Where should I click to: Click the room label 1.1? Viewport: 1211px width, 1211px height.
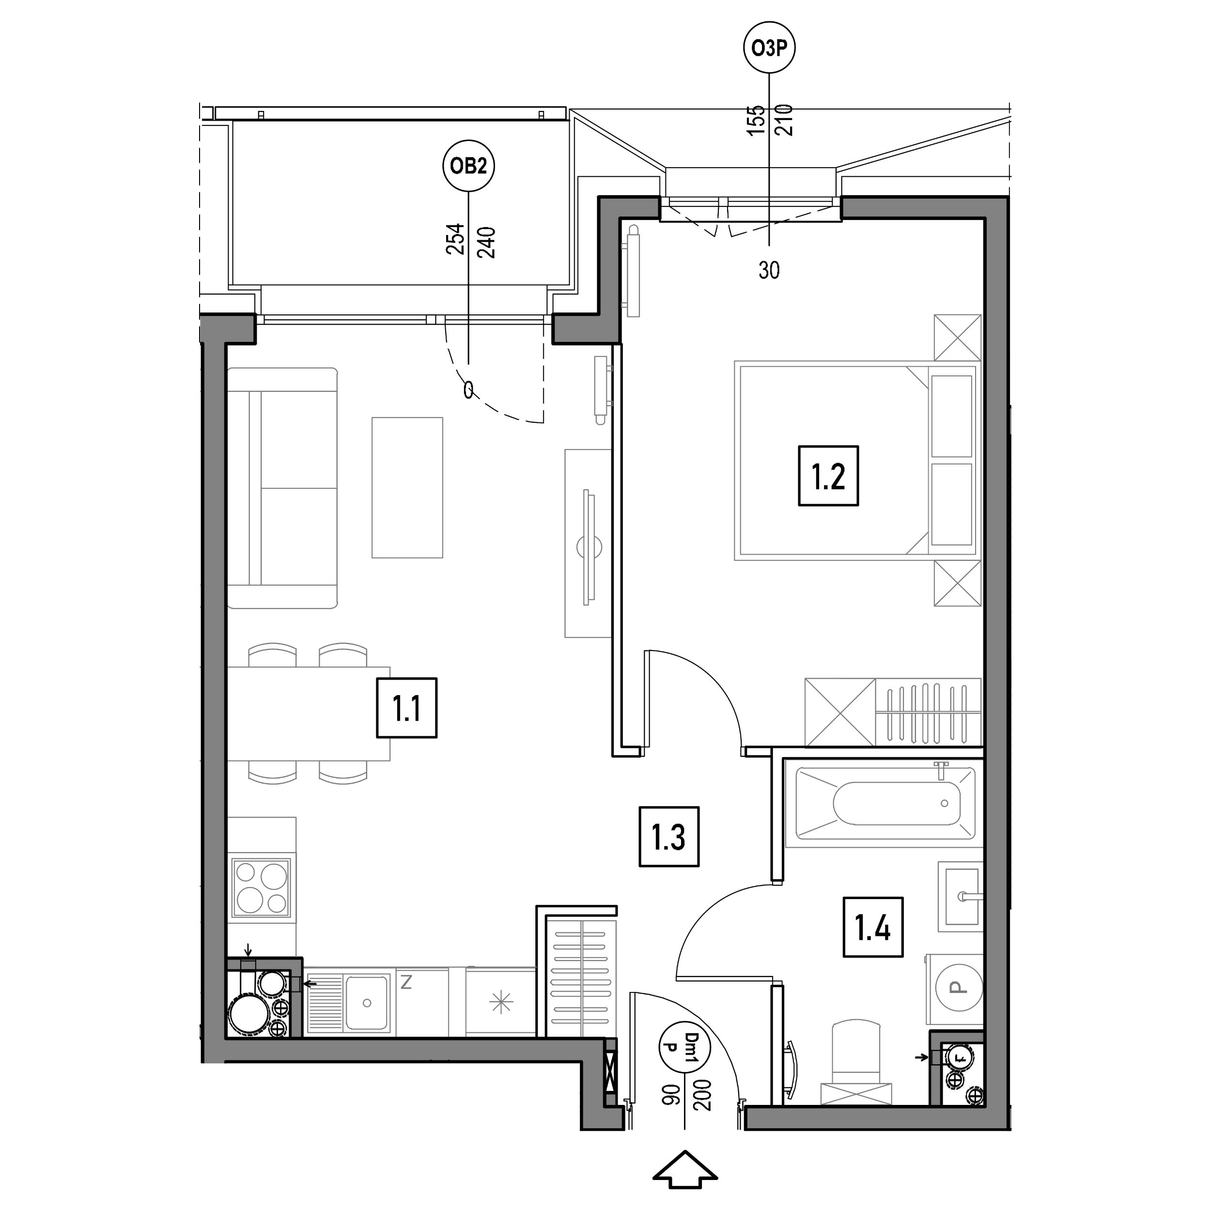click(407, 708)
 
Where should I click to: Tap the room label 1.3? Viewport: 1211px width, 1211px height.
click(669, 837)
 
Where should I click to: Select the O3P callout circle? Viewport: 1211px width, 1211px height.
click(769, 47)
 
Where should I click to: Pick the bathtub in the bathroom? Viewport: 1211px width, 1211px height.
click(885, 804)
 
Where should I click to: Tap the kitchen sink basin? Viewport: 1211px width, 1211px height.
click(367, 1003)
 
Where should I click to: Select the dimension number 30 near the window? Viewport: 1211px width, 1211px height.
click(769, 270)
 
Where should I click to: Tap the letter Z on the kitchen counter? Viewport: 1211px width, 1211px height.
click(406, 983)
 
